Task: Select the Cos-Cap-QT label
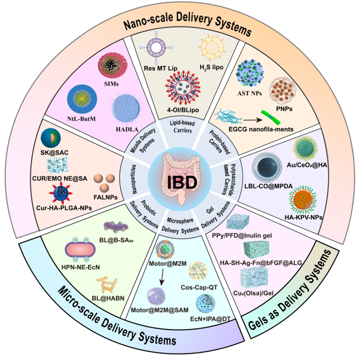pyautogui.click(x=205, y=287)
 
